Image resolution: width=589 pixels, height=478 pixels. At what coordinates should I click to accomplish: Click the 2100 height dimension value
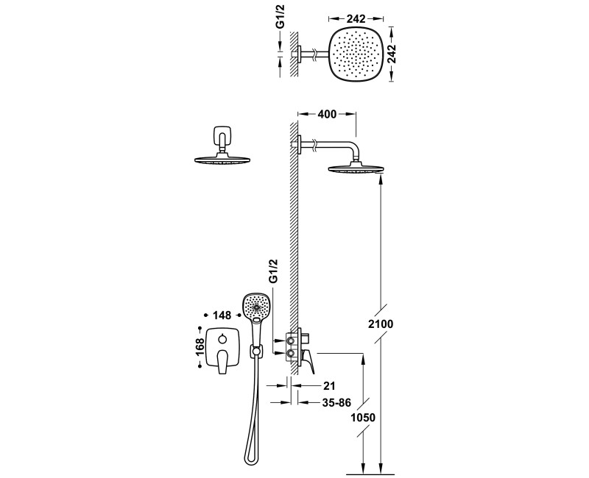pos(380,324)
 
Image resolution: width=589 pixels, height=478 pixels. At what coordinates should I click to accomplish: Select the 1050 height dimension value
pos(363,417)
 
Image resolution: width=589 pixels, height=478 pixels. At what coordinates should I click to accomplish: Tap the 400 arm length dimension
pos(327,114)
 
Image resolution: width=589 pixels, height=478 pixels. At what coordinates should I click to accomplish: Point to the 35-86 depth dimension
pos(336,402)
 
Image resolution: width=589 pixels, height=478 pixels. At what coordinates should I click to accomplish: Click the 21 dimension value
pos(328,385)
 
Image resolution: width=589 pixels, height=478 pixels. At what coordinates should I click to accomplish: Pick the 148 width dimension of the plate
pos(222,315)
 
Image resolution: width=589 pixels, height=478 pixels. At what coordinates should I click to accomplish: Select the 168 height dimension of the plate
pos(200,346)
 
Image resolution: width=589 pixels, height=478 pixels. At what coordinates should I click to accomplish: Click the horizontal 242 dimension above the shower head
pos(356,18)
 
